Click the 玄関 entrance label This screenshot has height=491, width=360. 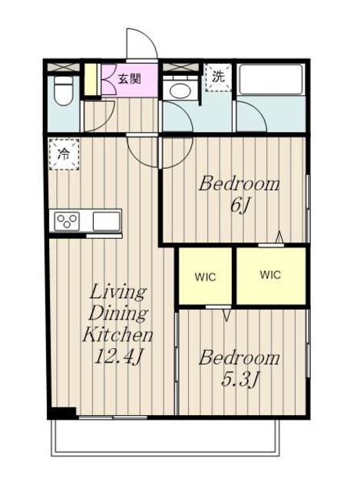pos(129,78)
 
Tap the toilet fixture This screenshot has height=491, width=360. pos(63,91)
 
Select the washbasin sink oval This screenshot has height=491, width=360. pos(179,91)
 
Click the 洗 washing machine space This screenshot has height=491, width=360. pos(219,77)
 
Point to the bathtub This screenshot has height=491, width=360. pos(269,79)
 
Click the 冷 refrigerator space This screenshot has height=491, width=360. pos(64,154)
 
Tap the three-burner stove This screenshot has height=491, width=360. pos(67,221)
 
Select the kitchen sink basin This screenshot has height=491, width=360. pos(106,221)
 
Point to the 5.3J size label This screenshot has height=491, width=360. pos(239,380)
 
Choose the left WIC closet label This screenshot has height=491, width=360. pos(205,277)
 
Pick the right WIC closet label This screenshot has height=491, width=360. pos(270,275)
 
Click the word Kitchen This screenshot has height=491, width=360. pos(117,334)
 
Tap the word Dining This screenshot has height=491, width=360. pos(117,313)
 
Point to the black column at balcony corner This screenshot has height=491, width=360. pos(62,413)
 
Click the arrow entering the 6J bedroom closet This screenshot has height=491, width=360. pos(279,237)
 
